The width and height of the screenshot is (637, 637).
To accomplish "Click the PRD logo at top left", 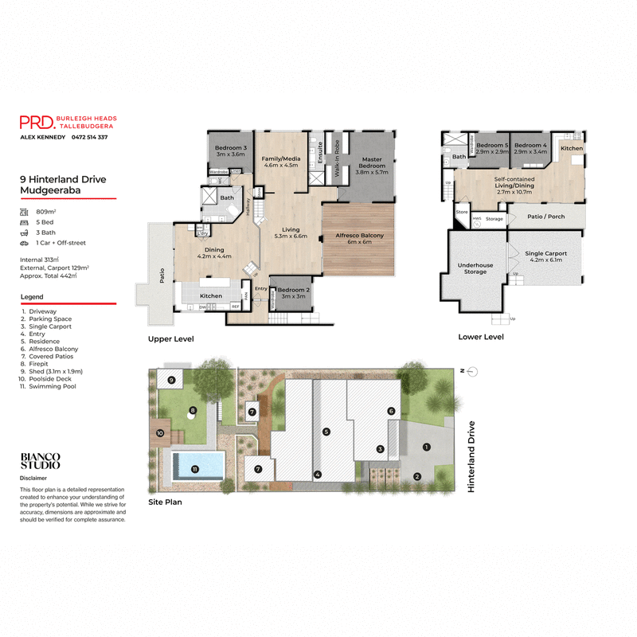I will coord(37,122).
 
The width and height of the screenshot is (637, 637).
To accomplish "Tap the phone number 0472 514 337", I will coord(90,138).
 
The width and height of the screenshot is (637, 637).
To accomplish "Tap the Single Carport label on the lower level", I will coord(545,257).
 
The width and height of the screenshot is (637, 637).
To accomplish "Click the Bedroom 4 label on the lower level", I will coord(530,148).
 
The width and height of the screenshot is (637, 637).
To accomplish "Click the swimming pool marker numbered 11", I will coord(195,469).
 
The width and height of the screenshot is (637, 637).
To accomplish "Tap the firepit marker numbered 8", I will coord(192,411).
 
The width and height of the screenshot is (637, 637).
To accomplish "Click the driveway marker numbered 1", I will coord(426,447).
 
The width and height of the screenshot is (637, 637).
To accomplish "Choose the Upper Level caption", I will coord(170,338).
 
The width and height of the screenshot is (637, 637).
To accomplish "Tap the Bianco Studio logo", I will coord(41,461).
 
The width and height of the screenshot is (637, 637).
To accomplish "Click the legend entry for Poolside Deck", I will coord(52,379).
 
